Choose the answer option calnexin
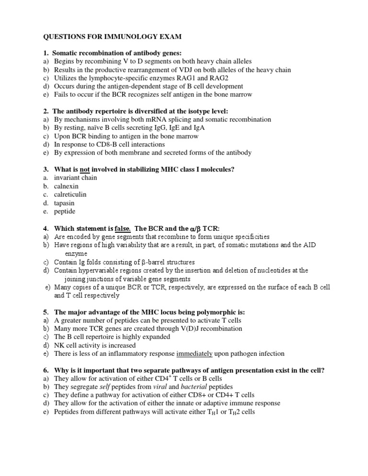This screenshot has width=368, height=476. pos(66,186)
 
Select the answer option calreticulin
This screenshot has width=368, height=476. pos(70,194)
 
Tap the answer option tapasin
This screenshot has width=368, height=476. pos(64,203)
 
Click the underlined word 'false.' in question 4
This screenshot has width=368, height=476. pos(119,228)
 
